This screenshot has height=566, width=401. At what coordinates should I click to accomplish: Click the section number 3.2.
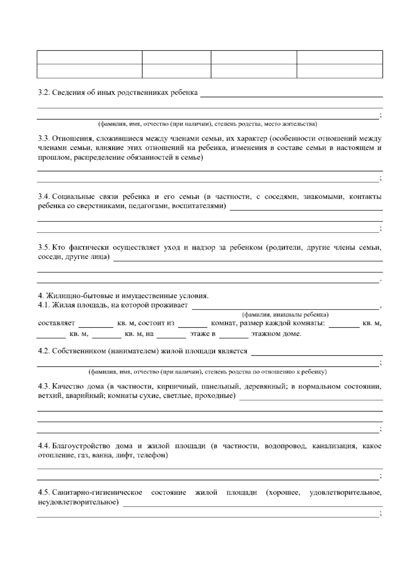pos(44,92)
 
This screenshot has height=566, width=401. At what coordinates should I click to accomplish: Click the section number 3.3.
pos(44,138)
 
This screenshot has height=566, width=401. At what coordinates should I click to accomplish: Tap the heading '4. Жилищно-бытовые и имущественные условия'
pos(123,296)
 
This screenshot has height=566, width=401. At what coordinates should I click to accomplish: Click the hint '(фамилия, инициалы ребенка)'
pos(285,314)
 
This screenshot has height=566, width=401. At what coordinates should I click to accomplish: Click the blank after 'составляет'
pos(96,324)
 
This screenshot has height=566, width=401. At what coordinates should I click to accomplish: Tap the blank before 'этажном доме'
pos(234,334)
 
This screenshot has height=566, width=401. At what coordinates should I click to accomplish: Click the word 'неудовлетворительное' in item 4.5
pos(78,502)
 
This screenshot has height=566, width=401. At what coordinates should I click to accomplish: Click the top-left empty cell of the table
pos(90,57)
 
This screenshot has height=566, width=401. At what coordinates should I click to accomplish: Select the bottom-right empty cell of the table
pos(340,71)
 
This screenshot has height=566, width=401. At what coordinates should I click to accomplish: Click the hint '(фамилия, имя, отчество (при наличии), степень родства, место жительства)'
pos(207,124)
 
